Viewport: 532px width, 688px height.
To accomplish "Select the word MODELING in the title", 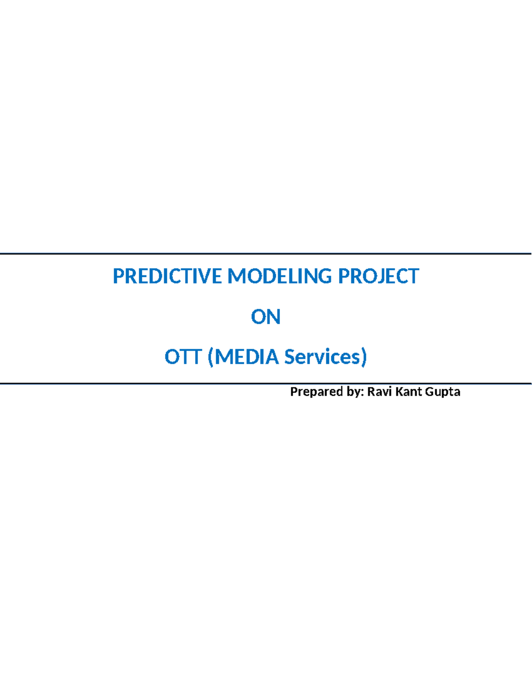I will coord(279,276).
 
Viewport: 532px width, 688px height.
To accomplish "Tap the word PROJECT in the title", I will coord(378,276).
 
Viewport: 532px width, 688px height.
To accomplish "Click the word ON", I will coord(266,317).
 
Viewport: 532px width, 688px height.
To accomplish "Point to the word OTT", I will coord(183,357).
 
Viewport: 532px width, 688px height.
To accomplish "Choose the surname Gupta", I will coord(442,392).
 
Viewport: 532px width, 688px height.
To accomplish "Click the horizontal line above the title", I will coord(266,254).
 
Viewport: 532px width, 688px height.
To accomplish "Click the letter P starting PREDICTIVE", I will coord(118,276).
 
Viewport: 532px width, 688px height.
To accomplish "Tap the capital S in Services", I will coord(289,357).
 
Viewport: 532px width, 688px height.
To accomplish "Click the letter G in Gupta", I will coord(429,392).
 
